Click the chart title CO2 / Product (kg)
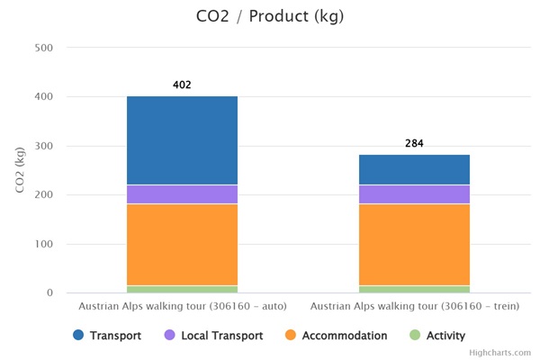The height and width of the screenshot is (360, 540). point(269,17)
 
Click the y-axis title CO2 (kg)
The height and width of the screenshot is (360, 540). point(21,170)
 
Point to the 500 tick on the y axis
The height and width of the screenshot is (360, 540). point(43,48)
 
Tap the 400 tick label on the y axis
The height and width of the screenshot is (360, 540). point(43,97)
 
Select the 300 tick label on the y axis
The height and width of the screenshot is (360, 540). point(43,146)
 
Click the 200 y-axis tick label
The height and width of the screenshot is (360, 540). point(43,195)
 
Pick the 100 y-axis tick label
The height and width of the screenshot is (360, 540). point(43,244)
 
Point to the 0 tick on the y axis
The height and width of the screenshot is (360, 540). point(49,293)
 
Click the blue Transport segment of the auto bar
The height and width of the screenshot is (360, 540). point(182,140)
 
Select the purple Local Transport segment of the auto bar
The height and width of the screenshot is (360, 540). point(182,194)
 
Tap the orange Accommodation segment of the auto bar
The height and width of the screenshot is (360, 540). point(182,245)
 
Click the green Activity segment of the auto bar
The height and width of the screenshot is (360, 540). point(182,289)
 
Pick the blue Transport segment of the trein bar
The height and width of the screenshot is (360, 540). point(414,170)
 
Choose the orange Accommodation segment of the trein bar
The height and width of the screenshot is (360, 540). point(414,245)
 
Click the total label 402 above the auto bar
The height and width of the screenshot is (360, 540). point(182,85)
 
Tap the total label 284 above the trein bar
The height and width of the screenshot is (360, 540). point(414,143)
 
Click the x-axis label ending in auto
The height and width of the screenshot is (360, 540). point(182,307)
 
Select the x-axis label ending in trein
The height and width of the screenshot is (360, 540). point(414,307)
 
